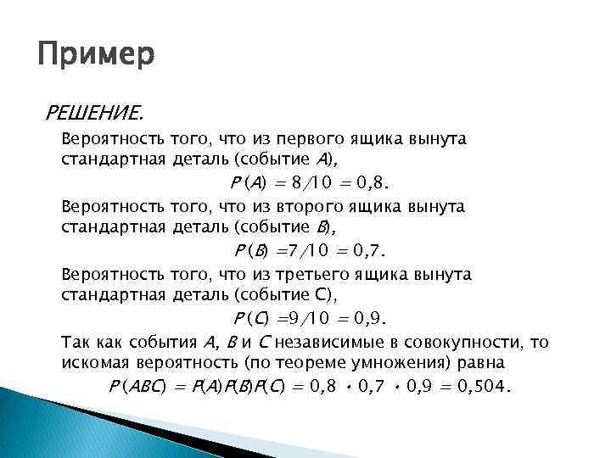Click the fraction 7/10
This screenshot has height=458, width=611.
[x=304, y=250]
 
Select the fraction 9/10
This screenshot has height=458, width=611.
[x=304, y=319]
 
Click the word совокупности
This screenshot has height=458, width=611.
[x=474, y=343]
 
